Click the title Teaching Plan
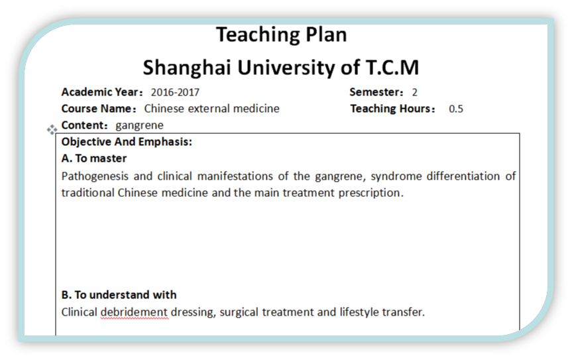pyautogui.click(x=281, y=35)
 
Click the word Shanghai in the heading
pyautogui.click(x=186, y=68)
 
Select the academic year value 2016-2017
pyautogui.click(x=175, y=92)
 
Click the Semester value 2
pyautogui.click(x=415, y=92)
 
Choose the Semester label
pyautogui.click(x=376, y=92)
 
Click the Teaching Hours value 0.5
pyautogui.click(x=456, y=109)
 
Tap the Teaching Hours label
pyautogui.click(x=393, y=109)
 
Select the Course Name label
pyautogui.click(x=99, y=109)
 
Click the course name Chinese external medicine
pyautogui.click(x=211, y=109)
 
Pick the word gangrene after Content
pyautogui.click(x=139, y=126)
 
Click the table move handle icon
pyautogui.click(x=52, y=129)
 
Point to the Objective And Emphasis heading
pyautogui.click(x=127, y=142)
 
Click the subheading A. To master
pyautogui.click(x=94, y=158)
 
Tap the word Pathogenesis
pyautogui.click(x=95, y=176)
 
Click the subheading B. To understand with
pyautogui.click(x=119, y=295)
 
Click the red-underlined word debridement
pyautogui.click(x=134, y=312)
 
